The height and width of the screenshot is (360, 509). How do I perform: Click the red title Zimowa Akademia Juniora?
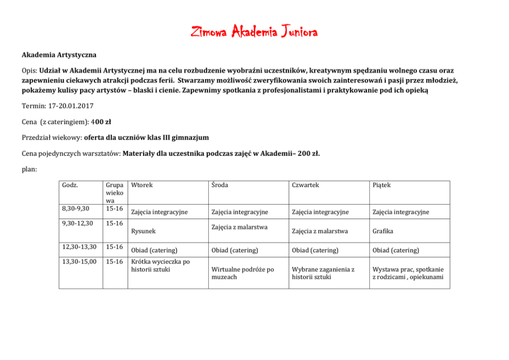254,32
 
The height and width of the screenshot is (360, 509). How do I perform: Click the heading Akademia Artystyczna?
59,54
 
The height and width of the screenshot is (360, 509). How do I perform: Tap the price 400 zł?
105,122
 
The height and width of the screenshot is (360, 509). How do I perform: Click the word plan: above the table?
29,169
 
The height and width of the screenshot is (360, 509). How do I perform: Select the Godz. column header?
69,185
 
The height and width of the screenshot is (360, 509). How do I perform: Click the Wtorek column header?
142,185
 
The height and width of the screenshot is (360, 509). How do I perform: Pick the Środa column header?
221,185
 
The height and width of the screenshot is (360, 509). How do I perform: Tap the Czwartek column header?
306,185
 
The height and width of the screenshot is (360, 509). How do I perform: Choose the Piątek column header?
382,185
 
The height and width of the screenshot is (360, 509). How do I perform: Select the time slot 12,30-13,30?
79,247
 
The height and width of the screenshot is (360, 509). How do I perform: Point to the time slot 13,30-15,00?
79,262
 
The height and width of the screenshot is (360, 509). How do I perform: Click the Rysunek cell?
143,231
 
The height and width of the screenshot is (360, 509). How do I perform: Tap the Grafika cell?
383,231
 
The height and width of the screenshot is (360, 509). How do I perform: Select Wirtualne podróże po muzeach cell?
243,273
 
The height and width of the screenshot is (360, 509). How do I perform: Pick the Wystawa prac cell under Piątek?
408,273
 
